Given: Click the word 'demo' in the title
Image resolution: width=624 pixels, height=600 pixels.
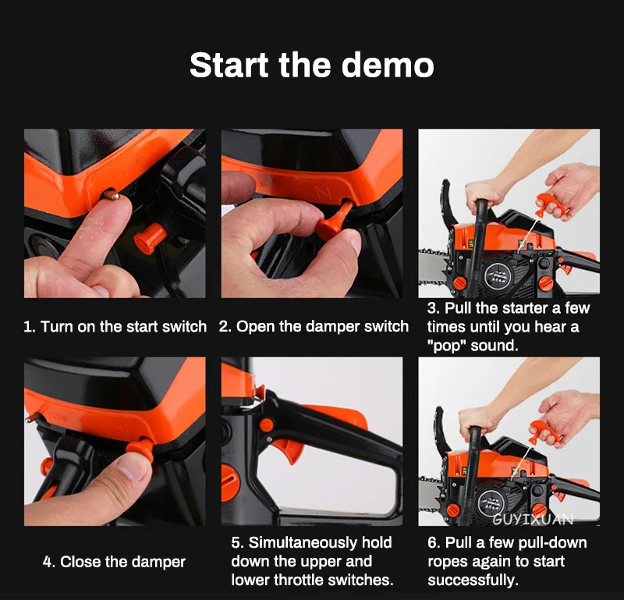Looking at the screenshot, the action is click(387, 65).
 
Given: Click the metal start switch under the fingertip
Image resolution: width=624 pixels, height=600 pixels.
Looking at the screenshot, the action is click(111, 194).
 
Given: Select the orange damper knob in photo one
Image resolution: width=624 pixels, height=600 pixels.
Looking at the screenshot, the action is click(150, 238).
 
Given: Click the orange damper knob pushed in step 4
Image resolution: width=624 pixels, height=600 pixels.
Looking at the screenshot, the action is click(140, 449).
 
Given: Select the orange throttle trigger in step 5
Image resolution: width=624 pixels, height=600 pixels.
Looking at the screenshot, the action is click(289, 450).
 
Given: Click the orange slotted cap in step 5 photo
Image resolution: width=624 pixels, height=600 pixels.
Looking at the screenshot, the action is click(230, 483).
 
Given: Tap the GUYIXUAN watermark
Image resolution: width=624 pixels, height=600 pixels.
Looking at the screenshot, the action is click(533, 519).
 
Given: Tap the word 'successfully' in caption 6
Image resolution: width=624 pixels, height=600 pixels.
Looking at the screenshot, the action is click(471, 580).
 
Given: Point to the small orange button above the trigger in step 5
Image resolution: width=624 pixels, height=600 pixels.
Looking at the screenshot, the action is click(266, 425).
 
